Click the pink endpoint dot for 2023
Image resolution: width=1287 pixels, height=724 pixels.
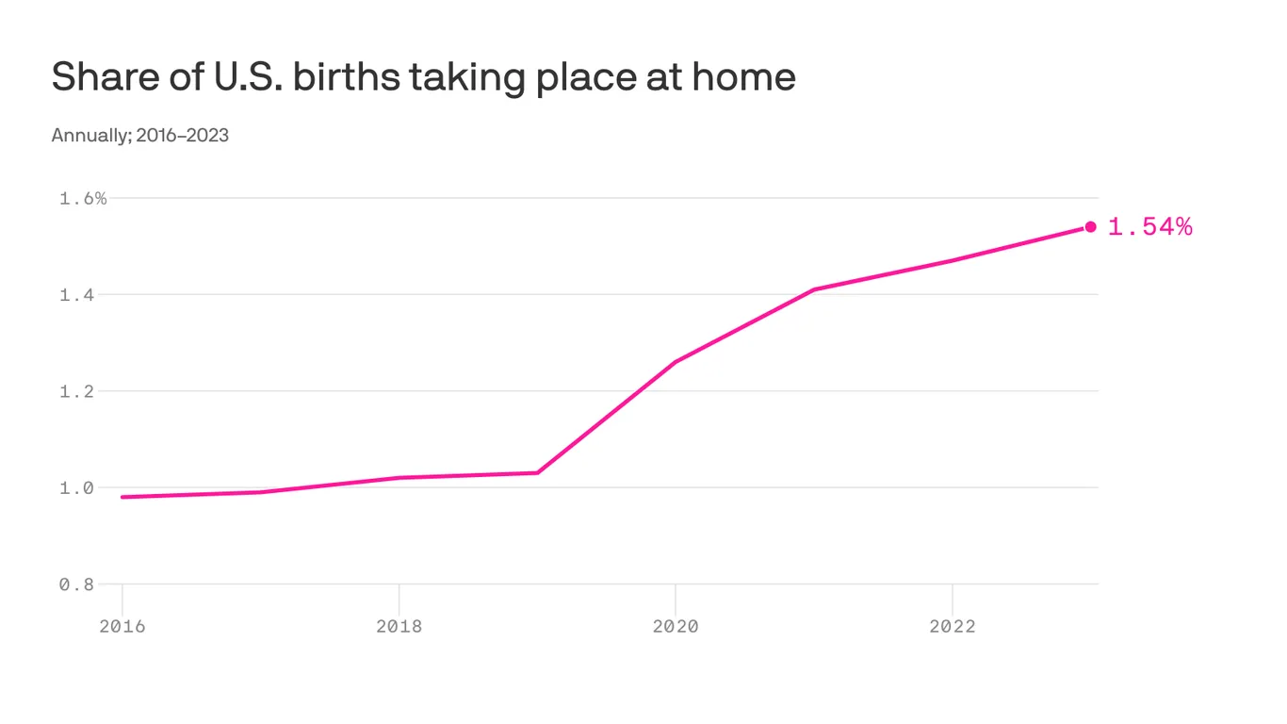pos(1090,226)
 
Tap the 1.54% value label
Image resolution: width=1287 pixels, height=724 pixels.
pos(1149,227)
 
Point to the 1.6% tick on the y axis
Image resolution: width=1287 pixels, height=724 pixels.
pos(83,198)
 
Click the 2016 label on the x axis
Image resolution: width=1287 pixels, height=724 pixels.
pos(122,626)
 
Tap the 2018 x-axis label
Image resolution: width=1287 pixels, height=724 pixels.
pos(399,626)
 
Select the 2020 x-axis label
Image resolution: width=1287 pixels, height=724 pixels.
pos(676,626)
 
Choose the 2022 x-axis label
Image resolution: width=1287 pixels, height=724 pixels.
pos(953,626)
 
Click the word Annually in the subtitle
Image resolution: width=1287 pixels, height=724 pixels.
pos(90,135)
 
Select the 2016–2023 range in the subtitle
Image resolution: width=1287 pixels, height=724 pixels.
pos(182,135)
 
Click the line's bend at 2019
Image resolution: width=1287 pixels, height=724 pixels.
pos(537,472)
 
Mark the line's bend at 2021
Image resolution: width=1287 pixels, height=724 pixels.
pos(814,289)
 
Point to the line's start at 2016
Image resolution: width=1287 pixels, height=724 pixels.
pos(123,497)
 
